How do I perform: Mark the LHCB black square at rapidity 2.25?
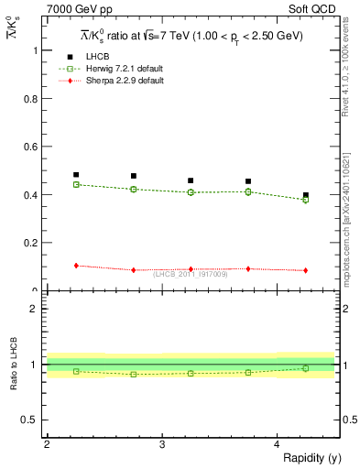click(x=76, y=175)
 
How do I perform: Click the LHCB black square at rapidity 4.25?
click(x=306, y=195)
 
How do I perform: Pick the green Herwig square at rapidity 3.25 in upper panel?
click(x=191, y=192)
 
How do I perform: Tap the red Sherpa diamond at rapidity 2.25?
click(x=76, y=266)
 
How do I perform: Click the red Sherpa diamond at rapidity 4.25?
click(x=306, y=270)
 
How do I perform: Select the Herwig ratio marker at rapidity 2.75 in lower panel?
click(x=134, y=374)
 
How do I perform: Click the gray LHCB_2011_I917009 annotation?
click(x=190, y=274)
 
